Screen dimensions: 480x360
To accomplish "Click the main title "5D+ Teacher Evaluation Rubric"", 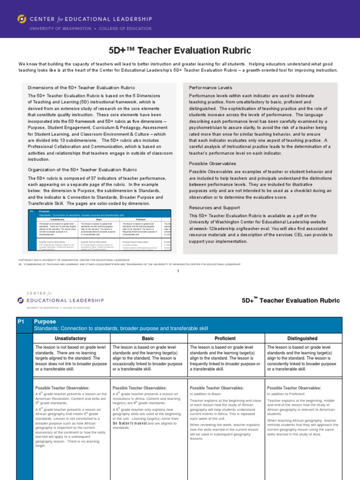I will click(x=180, y=50).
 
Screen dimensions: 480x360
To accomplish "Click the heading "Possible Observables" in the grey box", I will click(x=212, y=164).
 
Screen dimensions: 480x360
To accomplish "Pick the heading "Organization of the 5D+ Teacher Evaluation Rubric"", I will click(x=82, y=170).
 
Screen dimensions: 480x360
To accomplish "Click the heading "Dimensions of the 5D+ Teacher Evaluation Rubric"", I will click(x=82, y=88).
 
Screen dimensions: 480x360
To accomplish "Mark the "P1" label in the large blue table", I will click(x=21, y=322).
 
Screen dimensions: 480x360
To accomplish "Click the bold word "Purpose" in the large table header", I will click(x=45, y=322).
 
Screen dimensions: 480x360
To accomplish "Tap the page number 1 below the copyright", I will click(x=179, y=271).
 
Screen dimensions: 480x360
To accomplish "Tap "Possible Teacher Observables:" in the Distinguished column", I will click(x=294, y=388).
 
